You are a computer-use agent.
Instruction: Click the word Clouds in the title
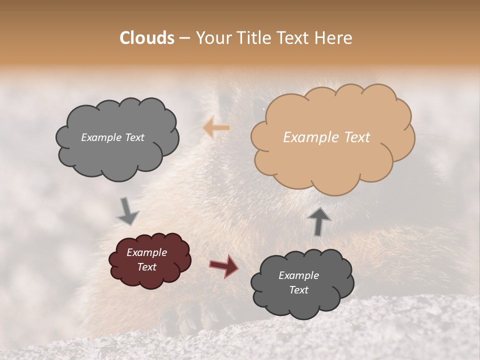pos(147,38)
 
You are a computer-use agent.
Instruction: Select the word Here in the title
pos(333,38)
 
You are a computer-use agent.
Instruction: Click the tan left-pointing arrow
pos(216,128)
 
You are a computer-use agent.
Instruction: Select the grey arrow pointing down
pos(127,211)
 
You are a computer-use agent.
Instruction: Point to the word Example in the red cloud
pos(146,252)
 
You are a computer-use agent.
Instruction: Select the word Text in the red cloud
pos(146,267)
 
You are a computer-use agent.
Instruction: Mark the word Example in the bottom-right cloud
pos(298,275)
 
